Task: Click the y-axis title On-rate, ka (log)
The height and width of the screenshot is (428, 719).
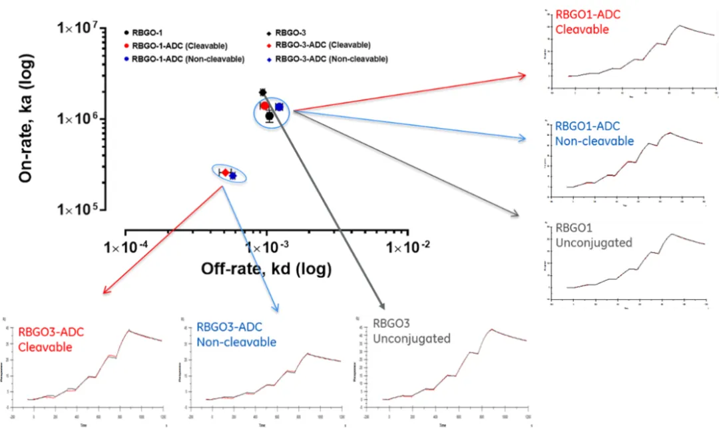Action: (x=26, y=119)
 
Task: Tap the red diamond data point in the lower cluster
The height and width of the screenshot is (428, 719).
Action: (x=226, y=173)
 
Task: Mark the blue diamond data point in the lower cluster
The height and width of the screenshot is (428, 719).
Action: (x=232, y=175)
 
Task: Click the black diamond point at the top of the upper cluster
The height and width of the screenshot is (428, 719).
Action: (x=263, y=92)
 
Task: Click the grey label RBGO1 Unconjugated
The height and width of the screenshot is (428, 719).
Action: (x=593, y=235)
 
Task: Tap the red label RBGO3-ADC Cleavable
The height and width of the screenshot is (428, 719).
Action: (x=51, y=339)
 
